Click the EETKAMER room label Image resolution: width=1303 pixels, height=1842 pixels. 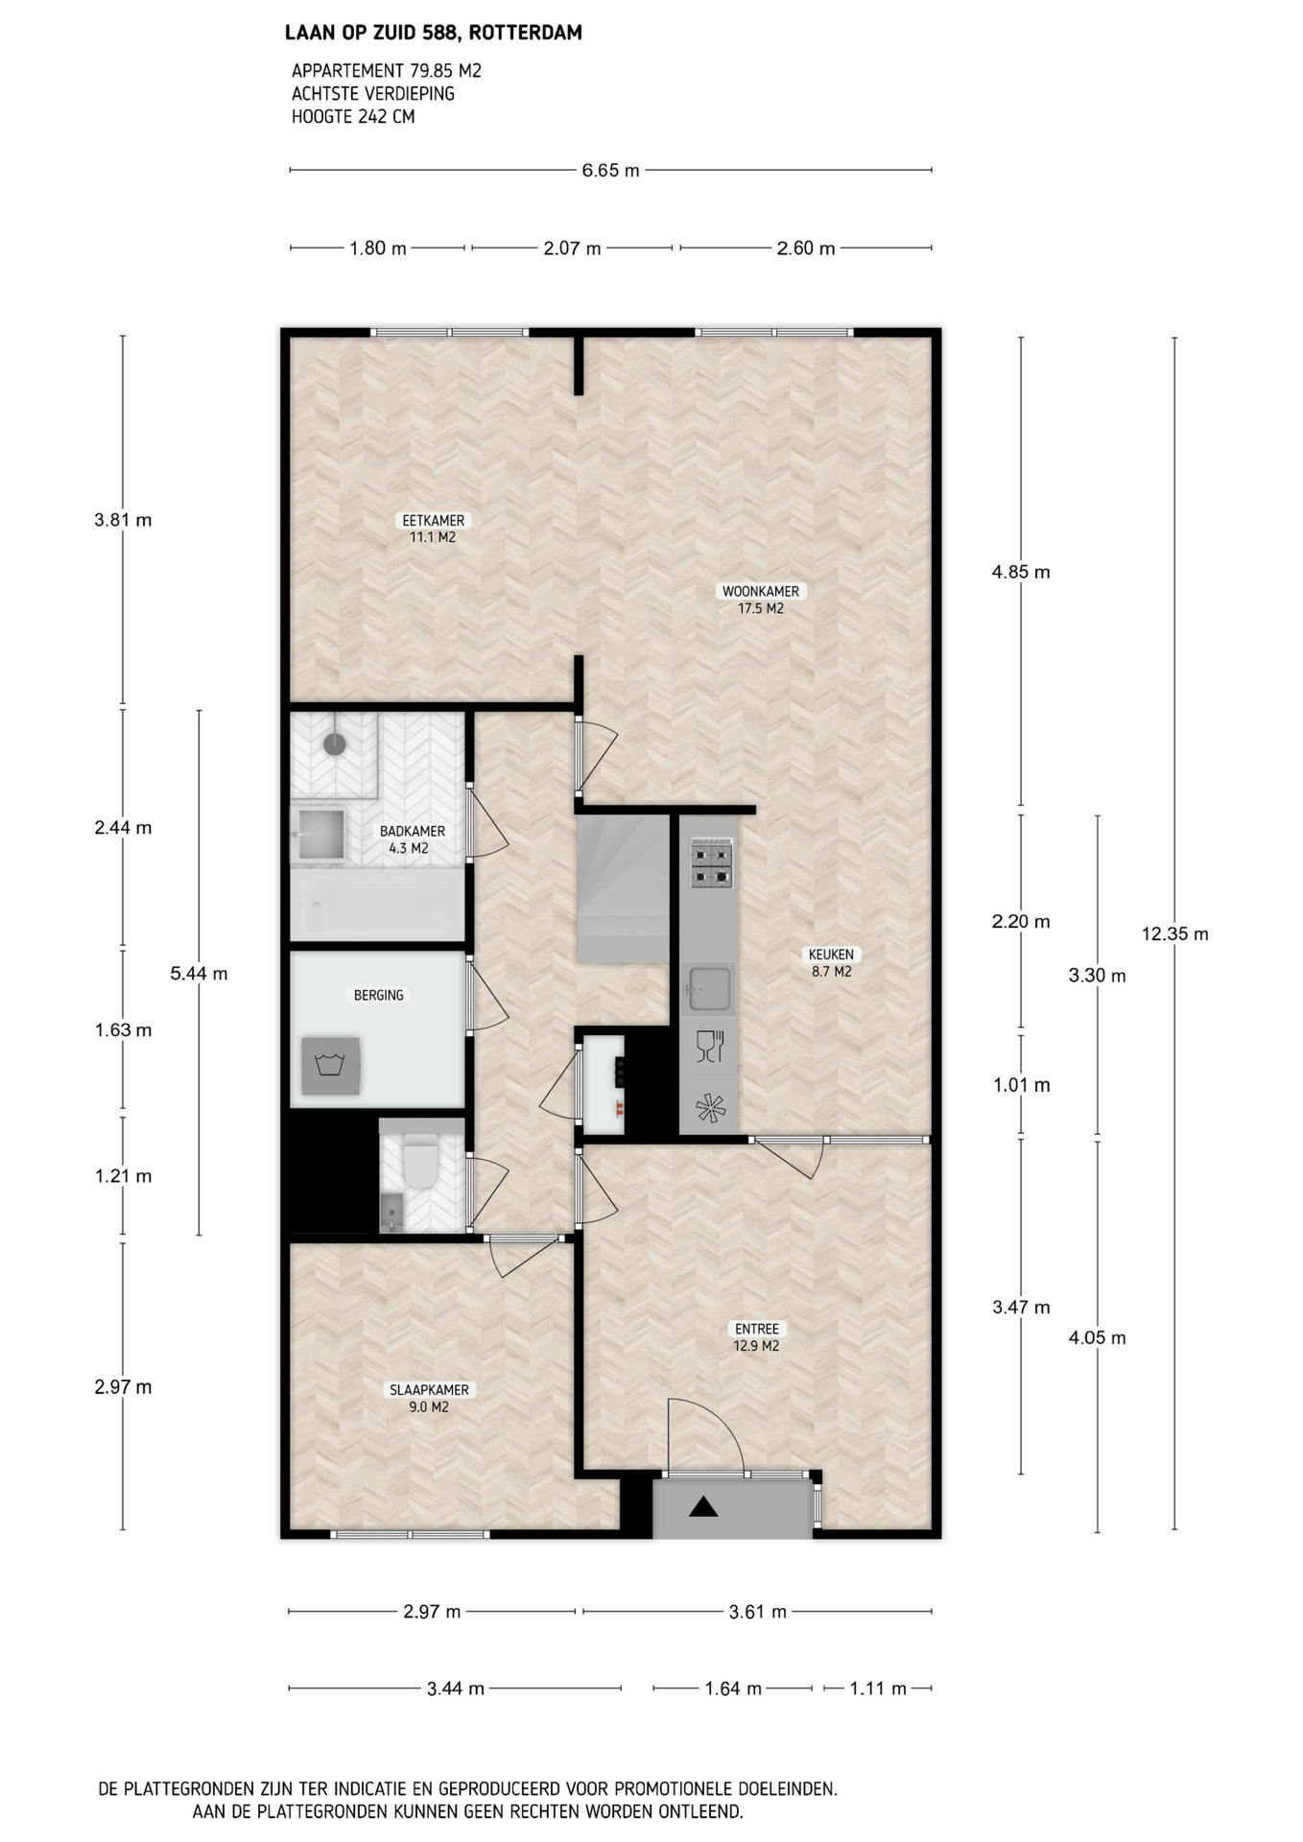433,529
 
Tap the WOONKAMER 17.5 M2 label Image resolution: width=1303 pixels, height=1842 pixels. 760,600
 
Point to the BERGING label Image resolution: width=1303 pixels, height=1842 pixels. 378,995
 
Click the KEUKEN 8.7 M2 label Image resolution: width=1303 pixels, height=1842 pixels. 830,962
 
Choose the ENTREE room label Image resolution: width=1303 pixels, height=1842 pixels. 756,1337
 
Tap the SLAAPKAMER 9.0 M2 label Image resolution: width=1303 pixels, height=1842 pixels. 429,1398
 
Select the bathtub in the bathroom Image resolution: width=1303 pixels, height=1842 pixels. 377,904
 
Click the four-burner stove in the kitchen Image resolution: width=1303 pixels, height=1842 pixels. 711,863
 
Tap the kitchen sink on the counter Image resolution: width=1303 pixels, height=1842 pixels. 708,988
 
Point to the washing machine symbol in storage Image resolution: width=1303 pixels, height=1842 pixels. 331,1065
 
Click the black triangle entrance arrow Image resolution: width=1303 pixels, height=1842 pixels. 703,1506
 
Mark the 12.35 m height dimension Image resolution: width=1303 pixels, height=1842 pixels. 1174,933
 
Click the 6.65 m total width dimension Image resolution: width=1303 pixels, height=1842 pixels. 610,171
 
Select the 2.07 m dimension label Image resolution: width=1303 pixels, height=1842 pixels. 572,248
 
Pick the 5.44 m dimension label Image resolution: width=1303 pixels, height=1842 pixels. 199,973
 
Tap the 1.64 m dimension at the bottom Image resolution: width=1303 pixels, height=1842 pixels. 733,1688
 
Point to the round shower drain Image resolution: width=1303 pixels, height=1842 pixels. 334,744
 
